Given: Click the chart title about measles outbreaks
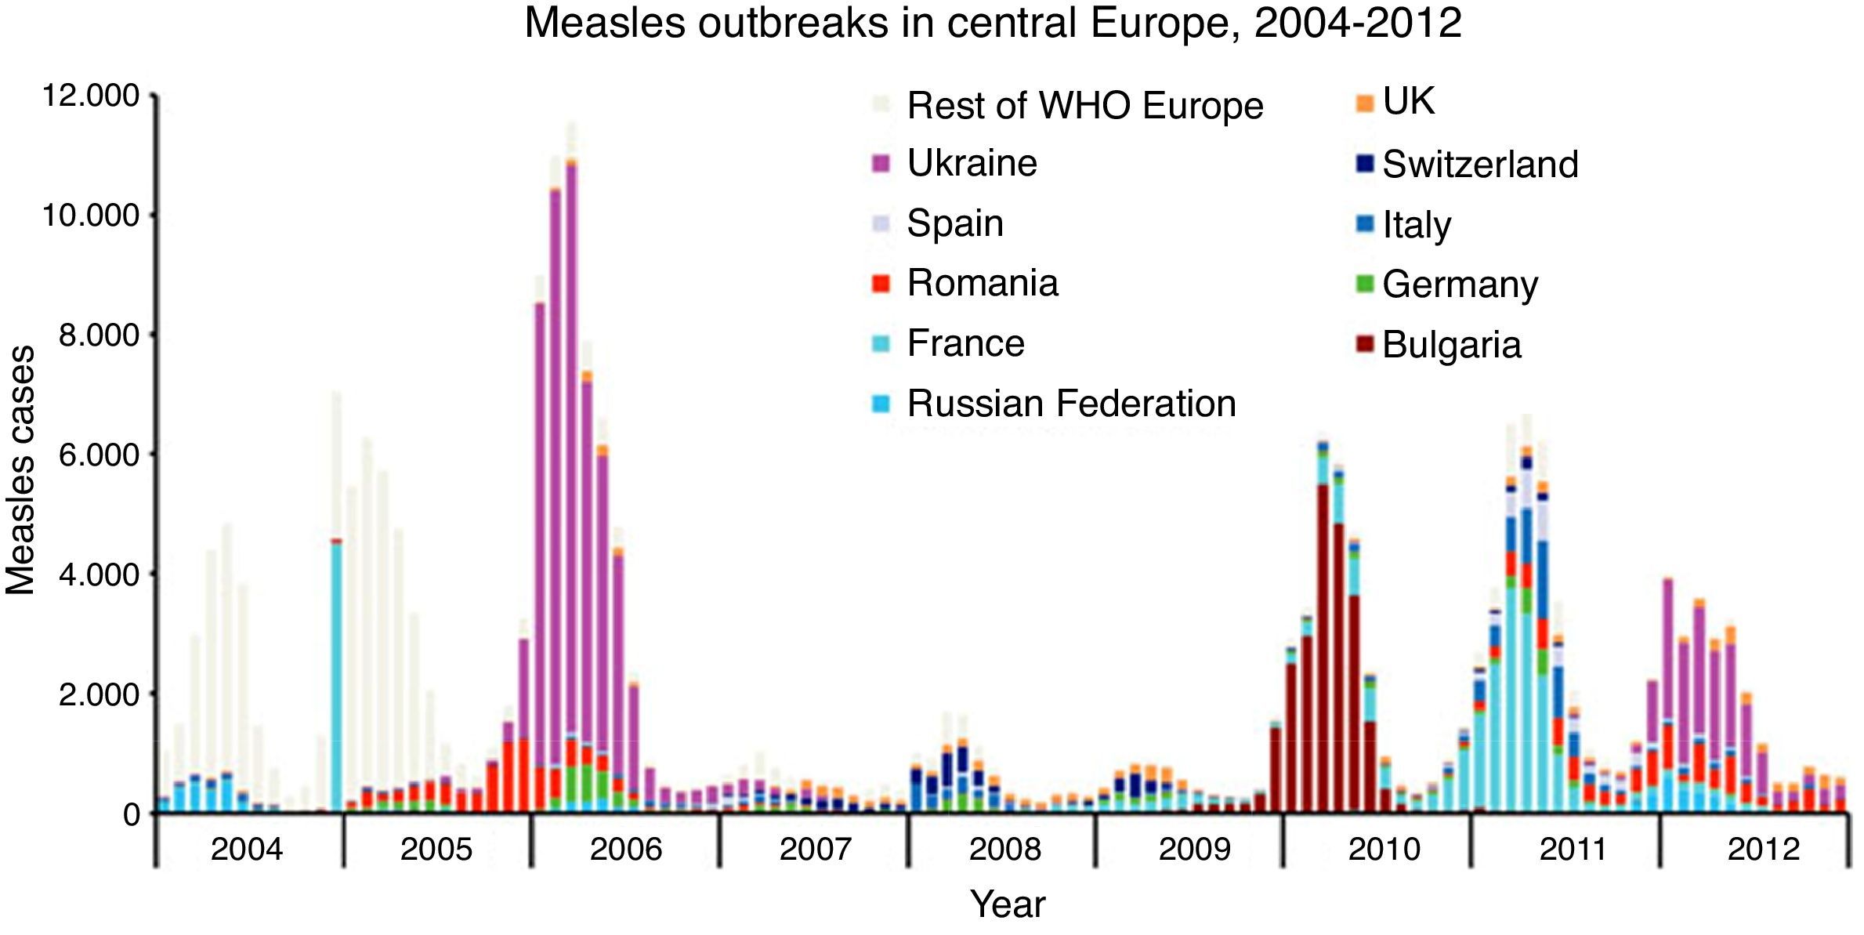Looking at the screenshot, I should [992, 24].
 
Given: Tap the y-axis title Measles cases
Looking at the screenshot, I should [21, 470].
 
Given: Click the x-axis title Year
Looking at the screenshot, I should [1008, 904].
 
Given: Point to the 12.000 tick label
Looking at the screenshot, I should [90, 96].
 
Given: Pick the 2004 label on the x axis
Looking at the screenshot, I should [247, 850].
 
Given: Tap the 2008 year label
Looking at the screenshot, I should [1005, 850].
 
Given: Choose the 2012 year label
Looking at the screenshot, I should [1764, 850].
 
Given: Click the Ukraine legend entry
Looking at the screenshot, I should [972, 164].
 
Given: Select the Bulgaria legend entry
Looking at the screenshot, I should [1451, 345].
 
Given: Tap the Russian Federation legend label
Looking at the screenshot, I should [1071, 404].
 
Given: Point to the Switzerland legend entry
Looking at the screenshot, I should [1480, 165].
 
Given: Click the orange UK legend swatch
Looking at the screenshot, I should [1365, 103].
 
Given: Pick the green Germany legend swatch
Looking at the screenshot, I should [1365, 284].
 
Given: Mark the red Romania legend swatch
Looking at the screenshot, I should [881, 284].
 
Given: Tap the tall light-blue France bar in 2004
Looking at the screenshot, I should [336, 674].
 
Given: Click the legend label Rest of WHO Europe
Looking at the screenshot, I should [1085, 106].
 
